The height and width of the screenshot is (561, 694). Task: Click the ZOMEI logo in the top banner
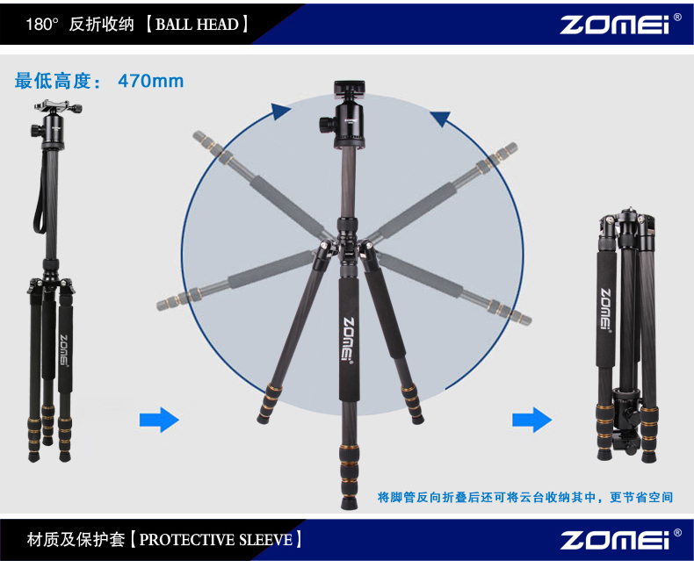(615, 25)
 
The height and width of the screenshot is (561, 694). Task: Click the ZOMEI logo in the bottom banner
(615, 540)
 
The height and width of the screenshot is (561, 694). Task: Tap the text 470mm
(151, 81)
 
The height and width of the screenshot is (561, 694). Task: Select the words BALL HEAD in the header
(197, 24)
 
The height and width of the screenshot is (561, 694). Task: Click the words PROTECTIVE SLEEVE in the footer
(216, 540)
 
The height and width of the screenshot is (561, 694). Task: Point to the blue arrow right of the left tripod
(159, 420)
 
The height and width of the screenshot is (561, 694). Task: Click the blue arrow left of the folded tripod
(532, 420)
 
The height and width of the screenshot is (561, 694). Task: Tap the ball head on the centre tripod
(349, 123)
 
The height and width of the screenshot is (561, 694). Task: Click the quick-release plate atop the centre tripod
(350, 87)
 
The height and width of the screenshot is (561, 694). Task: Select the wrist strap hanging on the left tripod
(40, 195)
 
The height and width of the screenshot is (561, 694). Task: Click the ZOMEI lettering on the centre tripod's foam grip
(349, 340)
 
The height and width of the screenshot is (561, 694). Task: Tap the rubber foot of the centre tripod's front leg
(350, 501)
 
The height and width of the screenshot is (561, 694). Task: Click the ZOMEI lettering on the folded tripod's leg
(605, 309)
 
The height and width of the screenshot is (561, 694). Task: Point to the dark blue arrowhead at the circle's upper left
(279, 111)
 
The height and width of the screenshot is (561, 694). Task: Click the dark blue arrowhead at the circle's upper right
(441, 118)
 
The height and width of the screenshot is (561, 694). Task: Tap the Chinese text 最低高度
(53, 81)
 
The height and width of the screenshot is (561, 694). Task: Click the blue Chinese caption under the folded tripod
(525, 497)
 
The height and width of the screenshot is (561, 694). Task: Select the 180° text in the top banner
(41, 25)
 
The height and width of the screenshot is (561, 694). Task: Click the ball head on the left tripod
(53, 131)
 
